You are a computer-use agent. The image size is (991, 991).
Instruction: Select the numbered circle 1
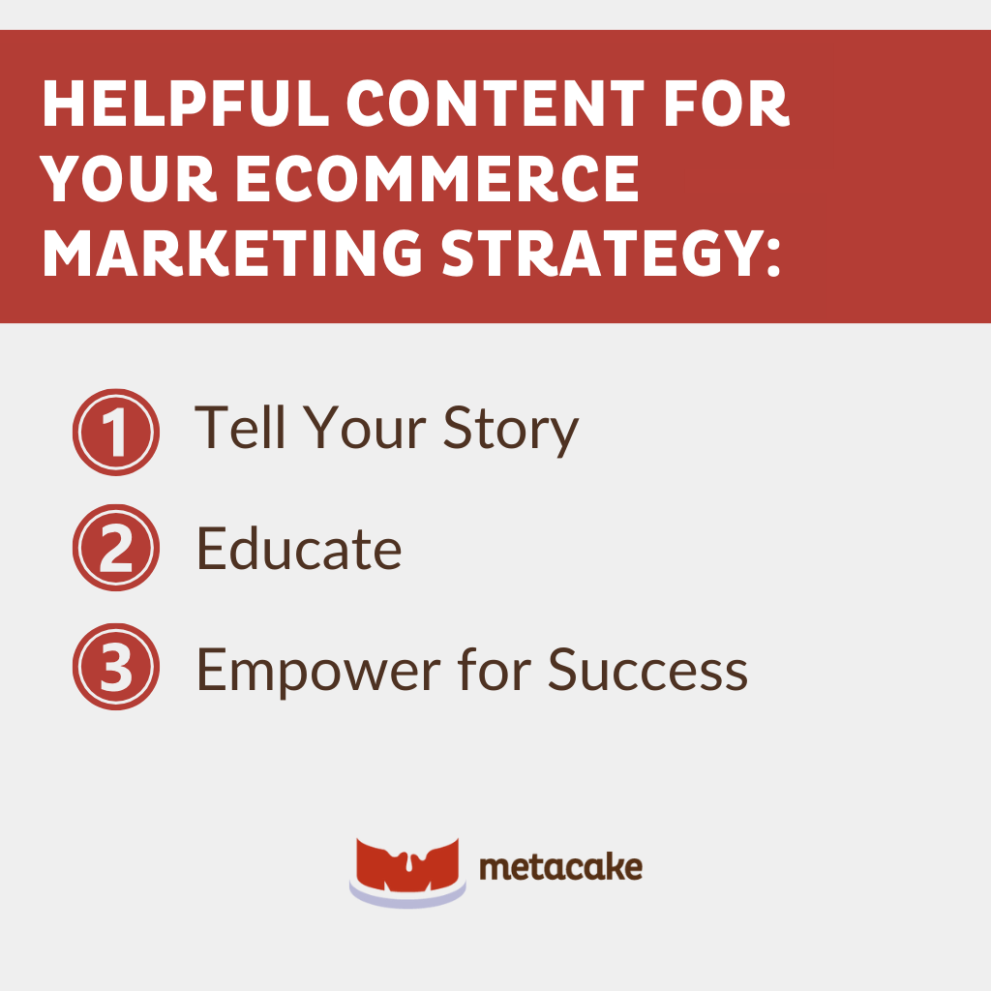tap(115, 432)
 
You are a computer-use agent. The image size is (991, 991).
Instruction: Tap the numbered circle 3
tap(115, 668)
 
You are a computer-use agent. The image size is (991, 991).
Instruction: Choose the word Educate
tap(299, 550)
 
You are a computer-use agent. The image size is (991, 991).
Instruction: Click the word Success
tap(648, 668)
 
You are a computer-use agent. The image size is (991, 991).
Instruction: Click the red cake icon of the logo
tap(408, 869)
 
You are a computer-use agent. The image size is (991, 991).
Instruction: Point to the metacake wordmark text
tap(560, 867)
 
